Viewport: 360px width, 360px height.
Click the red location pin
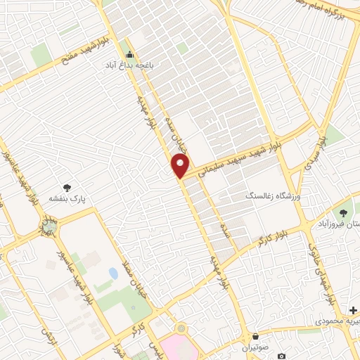point(181,167)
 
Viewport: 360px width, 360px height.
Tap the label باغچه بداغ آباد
point(129,65)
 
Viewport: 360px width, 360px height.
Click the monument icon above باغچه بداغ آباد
point(129,54)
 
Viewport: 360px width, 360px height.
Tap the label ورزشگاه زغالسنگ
point(272,195)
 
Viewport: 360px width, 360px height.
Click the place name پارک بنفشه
point(67,199)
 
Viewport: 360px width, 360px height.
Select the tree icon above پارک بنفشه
point(67,188)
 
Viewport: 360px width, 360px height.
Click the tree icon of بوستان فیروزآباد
point(343,212)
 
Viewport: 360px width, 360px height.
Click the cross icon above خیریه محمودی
point(352,309)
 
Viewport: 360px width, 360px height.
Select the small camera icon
point(281,356)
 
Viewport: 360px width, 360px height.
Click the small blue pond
point(113,272)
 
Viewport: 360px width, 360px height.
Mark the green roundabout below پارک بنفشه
point(48,226)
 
